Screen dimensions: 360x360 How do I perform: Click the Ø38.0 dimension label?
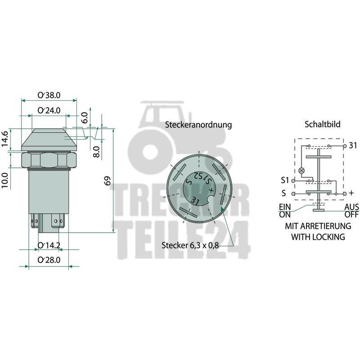pos(49,95)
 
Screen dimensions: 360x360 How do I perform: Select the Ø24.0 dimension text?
pos(49,110)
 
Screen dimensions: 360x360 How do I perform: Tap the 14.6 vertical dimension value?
pos(5,139)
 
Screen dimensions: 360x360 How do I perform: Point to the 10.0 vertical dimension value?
pos(5,180)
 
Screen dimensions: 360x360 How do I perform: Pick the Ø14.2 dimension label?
pos(49,245)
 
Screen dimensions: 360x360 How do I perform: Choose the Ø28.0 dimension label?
pos(49,260)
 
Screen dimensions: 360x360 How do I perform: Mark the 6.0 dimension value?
pos(85,117)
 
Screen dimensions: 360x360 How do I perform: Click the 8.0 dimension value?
pos(97,152)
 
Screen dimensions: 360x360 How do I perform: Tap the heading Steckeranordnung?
pos(198,125)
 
